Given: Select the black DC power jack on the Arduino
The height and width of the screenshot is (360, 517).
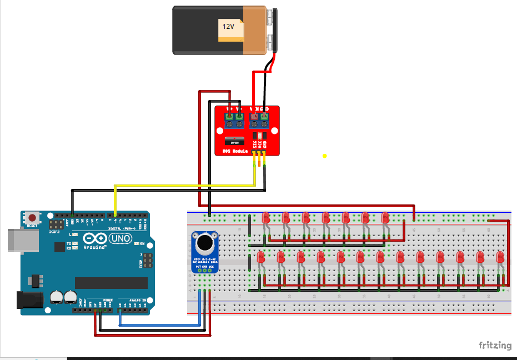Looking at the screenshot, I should [29, 299].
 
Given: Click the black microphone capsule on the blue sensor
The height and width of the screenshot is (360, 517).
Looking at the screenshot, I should [205, 242].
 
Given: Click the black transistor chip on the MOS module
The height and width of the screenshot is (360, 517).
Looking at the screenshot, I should [234, 141].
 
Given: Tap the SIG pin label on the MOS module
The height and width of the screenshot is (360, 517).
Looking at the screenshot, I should [255, 144].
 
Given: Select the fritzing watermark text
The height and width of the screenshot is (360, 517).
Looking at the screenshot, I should [495, 346].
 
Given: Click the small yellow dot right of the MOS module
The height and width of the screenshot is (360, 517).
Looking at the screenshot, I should [324, 156].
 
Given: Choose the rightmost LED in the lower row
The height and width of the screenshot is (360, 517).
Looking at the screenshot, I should [500, 257].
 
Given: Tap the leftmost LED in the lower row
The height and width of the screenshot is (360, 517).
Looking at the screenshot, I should [260, 257].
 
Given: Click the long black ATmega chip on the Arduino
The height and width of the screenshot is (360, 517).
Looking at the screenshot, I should [111, 283].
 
